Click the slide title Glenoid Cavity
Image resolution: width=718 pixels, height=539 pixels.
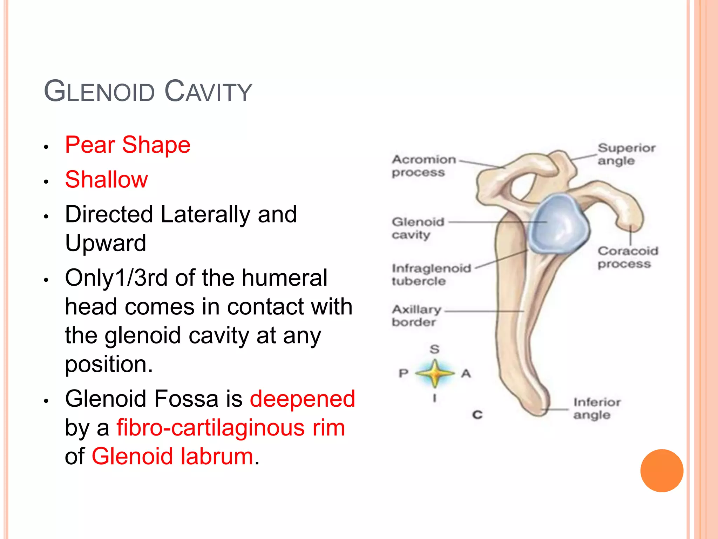[148, 91]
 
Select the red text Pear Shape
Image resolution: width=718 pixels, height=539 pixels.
[128, 145]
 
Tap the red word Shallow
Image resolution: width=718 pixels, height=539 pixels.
[107, 179]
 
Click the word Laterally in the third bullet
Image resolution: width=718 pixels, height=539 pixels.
[205, 214]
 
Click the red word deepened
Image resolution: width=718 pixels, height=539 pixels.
[302, 399]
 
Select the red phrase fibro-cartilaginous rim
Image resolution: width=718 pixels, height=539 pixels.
[231, 427]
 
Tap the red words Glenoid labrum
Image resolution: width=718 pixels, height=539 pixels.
[172, 456]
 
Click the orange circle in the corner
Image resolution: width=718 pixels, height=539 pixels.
[662, 471]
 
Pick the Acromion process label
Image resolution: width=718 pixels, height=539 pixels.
[424, 166]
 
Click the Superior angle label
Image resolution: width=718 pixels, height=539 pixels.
[626, 154]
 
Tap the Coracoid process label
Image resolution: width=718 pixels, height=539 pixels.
[628, 257]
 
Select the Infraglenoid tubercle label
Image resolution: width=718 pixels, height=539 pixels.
[431, 274]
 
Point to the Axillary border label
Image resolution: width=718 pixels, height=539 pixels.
[416, 315]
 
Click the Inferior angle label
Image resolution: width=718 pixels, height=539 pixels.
[597, 408]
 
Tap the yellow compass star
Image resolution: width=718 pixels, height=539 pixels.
[435, 373]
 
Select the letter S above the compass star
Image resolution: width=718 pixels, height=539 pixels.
[434, 349]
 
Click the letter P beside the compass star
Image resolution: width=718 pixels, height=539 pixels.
[404, 373]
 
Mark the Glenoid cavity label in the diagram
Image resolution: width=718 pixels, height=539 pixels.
[418, 228]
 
